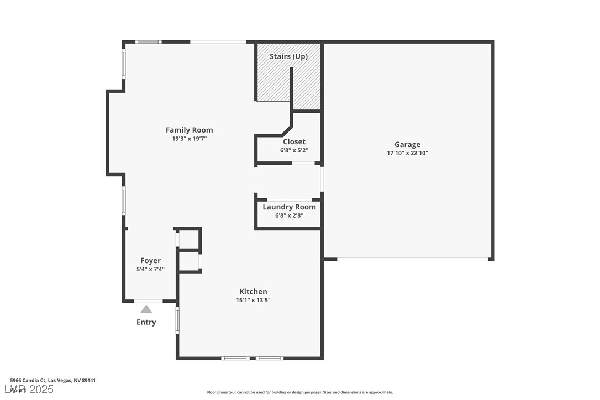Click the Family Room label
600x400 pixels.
(189, 130)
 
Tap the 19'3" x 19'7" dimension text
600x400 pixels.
(189, 139)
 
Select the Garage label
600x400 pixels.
(407, 145)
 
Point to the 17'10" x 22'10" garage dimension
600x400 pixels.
(407, 153)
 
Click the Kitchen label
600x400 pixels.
(253, 292)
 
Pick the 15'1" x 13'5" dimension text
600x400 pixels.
(253, 300)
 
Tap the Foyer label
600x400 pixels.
(150, 261)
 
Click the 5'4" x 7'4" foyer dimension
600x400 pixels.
(150, 269)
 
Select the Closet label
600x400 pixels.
(294, 142)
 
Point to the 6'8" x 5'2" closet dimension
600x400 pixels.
(294, 150)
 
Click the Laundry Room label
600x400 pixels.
(289, 207)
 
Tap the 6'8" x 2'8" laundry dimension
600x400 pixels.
(289, 215)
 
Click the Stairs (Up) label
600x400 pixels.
(288, 56)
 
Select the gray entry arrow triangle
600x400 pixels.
(146, 309)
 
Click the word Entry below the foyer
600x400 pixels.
(146, 322)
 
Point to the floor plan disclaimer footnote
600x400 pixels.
(300, 392)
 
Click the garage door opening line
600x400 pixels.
(412, 259)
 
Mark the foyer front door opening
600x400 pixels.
(148, 301)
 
